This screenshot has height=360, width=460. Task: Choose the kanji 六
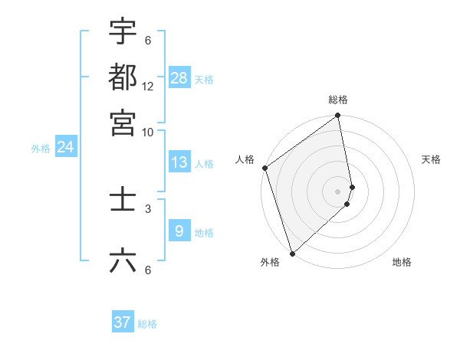(x=123, y=261)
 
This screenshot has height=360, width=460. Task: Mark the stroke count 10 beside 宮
(x=148, y=132)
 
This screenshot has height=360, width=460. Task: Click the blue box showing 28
(x=179, y=78)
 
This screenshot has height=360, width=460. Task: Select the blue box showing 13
(x=179, y=162)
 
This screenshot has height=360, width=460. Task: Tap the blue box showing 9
(x=179, y=231)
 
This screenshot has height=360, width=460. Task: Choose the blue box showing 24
(x=65, y=147)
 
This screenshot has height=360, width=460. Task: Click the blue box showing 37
(x=123, y=322)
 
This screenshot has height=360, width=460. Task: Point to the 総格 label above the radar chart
(x=338, y=100)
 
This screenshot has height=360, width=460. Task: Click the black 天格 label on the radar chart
(x=432, y=159)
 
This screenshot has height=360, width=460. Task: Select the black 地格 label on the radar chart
(x=402, y=262)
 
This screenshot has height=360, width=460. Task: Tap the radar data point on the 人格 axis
(x=264, y=168)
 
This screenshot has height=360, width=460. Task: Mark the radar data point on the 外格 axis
(x=292, y=253)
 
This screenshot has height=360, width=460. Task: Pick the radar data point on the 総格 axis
(x=338, y=116)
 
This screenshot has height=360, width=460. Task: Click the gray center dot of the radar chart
(x=338, y=191)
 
